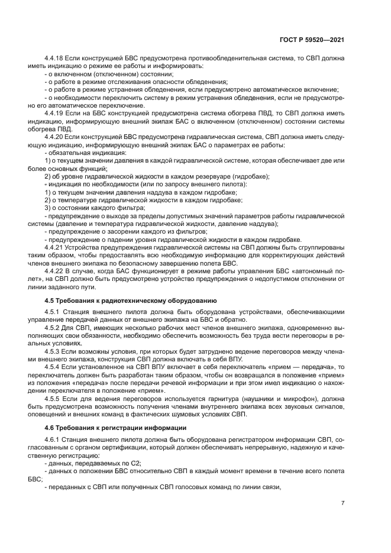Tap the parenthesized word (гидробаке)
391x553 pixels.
(x=248, y=177)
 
